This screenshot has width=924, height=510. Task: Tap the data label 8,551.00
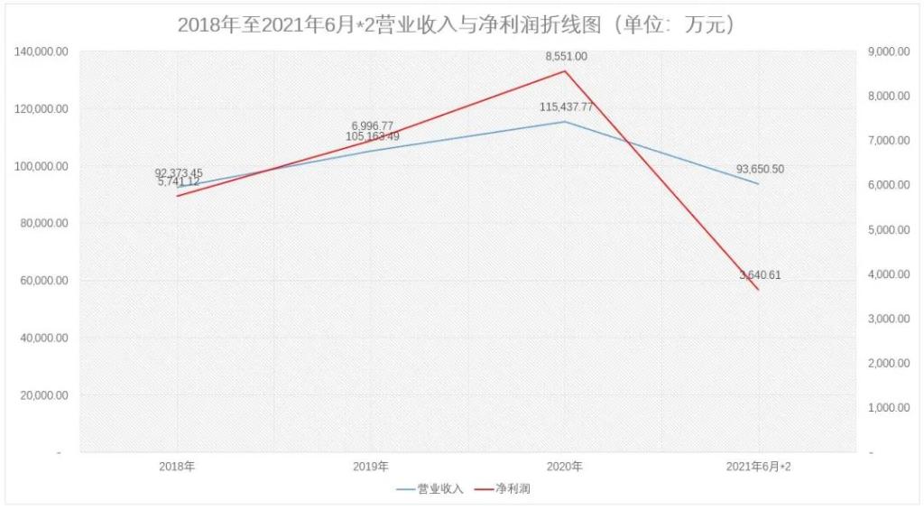pyautogui.click(x=566, y=56)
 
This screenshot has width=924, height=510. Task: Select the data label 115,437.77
pyautogui.click(x=566, y=107)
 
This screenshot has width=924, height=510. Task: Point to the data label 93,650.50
pyautogui.click(x=760, y=169)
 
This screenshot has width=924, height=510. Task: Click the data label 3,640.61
pyautogui.click(x=760, y=275)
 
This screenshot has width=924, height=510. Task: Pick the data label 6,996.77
pyautogui.click(x=372, y=125)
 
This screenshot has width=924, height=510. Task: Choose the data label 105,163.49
pyautogui.click(x=372, y=137)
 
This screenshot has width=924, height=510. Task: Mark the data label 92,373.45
pyautogui.click(x=179, y=172)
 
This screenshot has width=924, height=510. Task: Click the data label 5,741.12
pyautogui.click(x=179, y=182)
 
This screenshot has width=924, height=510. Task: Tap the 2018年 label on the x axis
pyautogui.click(x=177, y=467)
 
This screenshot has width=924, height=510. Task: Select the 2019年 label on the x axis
pyautogui.click(x=371, y=467)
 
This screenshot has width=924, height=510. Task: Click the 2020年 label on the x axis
pyautogui.click(x=565, y=467)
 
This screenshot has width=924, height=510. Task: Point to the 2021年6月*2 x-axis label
pyautogui.click(x=759, y=467)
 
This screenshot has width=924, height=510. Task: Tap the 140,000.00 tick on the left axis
pyautogui.click(x=42, y=51)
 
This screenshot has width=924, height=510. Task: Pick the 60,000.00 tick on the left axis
pyautogui.click(x=44, y=281)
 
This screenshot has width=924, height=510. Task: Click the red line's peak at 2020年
pyautogui.click(x=566, y=70)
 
